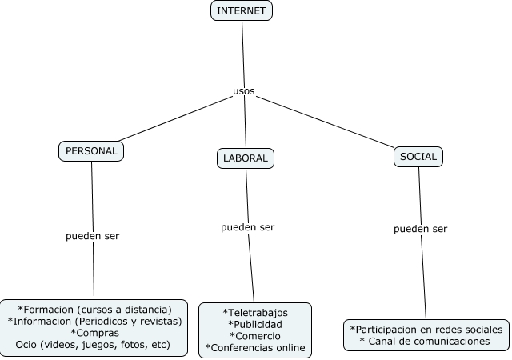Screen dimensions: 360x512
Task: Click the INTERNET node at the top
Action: point(242,10)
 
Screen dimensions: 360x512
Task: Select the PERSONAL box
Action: point(91,150)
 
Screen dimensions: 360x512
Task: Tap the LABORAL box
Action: point(246,158)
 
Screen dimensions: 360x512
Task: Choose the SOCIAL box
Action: point(418,157)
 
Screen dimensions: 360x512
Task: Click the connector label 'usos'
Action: point(244,91)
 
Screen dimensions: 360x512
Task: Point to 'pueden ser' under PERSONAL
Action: point(93,236)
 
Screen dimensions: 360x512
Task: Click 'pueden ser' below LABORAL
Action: point(247,227)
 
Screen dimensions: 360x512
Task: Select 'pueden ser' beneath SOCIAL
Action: point(421,229)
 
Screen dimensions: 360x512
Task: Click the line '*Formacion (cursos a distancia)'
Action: point(94,309)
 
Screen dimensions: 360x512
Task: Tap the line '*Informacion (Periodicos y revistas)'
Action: point(94,321)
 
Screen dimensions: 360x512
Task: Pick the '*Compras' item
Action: point(94,333)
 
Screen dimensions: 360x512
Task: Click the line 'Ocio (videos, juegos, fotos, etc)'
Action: point(93,345)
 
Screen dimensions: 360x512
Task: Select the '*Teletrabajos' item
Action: point(255,312)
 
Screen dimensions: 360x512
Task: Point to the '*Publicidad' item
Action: point(255,324)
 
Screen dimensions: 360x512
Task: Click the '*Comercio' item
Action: point(255,336)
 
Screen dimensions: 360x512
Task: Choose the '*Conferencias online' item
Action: point(255,348)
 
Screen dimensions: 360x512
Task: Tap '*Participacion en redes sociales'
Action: point(426,329)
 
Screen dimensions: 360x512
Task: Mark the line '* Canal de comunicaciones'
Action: point(426,341)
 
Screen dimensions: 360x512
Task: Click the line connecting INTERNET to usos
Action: point(242,52)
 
